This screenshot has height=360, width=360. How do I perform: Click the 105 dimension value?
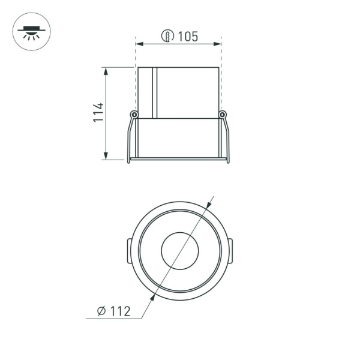point(188,37)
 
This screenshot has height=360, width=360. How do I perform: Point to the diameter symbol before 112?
point(101,311)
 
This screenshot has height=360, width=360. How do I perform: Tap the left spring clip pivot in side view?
point(134,115)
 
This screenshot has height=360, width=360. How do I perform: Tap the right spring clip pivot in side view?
point(223,115)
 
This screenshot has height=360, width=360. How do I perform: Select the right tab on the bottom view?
point(231,250)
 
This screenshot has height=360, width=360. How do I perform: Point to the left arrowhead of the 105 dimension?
point(139,44)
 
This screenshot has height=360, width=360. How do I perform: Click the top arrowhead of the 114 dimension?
point(106,71)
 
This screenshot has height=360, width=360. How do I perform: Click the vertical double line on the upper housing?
point(154,92)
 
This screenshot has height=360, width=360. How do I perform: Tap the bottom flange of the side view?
point(179,159)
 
